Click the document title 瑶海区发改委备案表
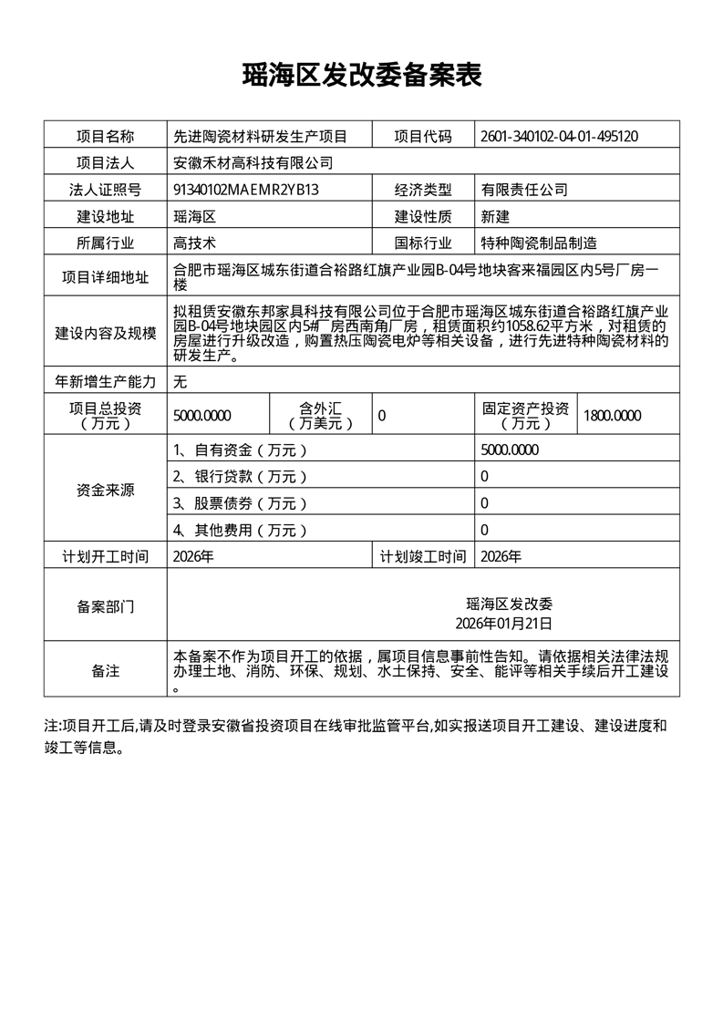pyautogui.click(x=361, y=76)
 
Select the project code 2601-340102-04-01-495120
pyautogui.click(x=559, y=137)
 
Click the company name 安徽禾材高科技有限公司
pyautogui.click(x=253, y=163)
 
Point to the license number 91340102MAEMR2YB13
pyautogui.click(x=246, y=190)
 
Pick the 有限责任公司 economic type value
pyautogui.click(x=525, y=190)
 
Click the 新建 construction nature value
pyautogui.click(x=496, y=216)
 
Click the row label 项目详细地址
pyautogui.click(x=105, y=277)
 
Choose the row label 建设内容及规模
pyautogui.click(x=105, y=333)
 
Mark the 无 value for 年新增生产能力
pyautogui.click(x=181, y=381)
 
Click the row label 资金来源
pyautogui.click(x=105, y=490)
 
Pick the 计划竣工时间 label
pyautogui.click(x=422, y=556)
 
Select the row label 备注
pyautogui.click(x=105, y=671)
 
